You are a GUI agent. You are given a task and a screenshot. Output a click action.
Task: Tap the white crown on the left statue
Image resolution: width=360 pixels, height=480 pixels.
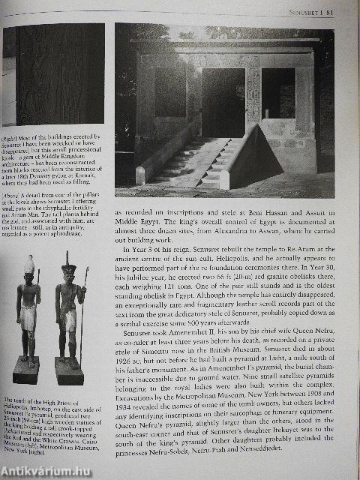pyautogui.click(x=29, y=264)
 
